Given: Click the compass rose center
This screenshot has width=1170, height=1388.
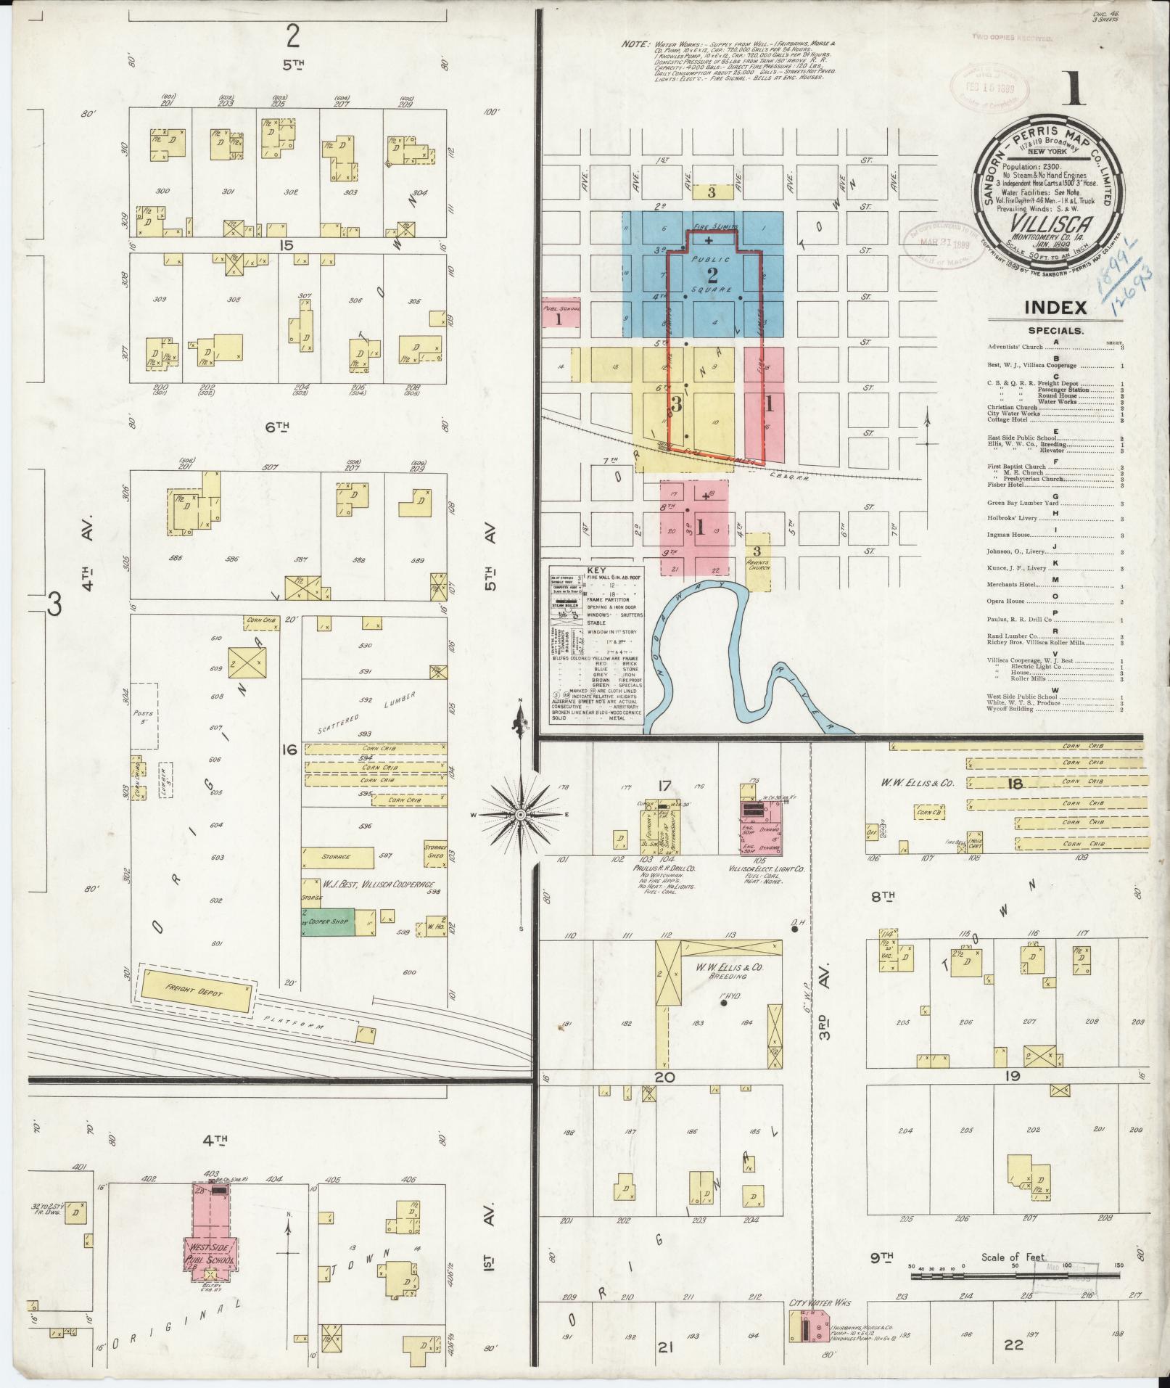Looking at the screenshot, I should click(520, 816).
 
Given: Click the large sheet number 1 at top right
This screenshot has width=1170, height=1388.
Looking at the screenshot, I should click(1073, 89).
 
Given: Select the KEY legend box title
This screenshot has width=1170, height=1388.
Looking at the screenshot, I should click(595, 571).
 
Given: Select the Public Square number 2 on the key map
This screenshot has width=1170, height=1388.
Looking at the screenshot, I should click(712, 275).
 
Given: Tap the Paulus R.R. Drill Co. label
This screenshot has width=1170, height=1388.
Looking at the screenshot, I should click(654, 868).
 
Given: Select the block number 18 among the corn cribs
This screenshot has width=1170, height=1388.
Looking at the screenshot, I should click(1014, 784).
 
